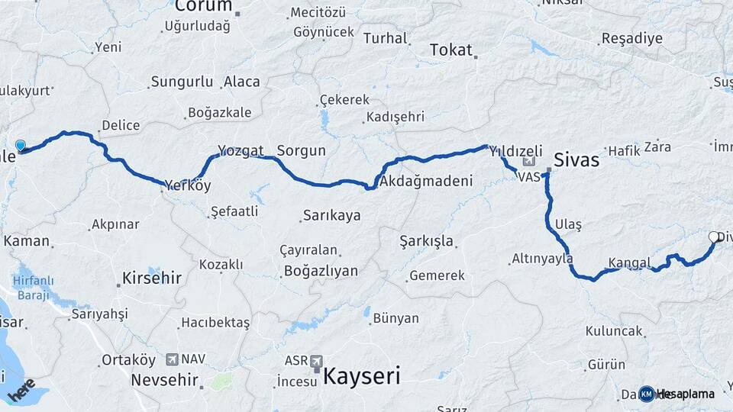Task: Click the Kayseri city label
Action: [361, 375]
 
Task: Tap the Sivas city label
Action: [576, 161]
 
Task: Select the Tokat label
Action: [451, 50]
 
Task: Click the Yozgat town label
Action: [241, 150]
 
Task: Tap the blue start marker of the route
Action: [20, 145]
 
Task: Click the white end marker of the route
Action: [714, 237]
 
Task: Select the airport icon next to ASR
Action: [315, 360]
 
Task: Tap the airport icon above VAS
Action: [530, 163]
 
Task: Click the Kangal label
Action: [629, 263]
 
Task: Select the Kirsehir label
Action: [152, 278]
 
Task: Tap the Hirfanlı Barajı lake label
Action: [31, 288]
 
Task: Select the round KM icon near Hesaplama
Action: [647, 394]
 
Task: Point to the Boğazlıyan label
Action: [321, 271]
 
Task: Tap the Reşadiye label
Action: [632, 38]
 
